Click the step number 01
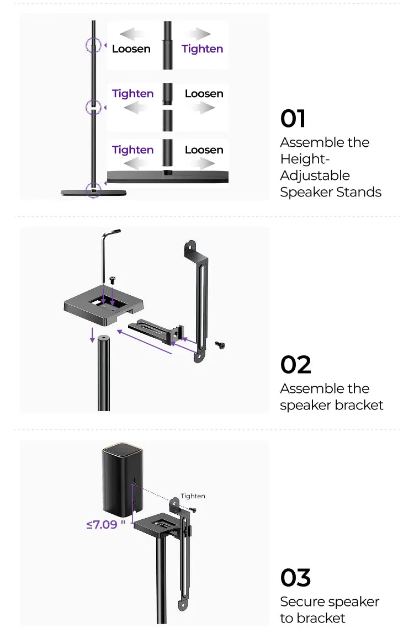click(x=293, y=118)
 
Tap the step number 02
click(x=295, y=364)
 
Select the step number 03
click(x=295, y=577)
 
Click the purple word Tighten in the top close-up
click(x=202, y=49)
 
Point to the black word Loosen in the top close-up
click(x=131, y=49)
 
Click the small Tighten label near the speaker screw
click(x=193, y=496)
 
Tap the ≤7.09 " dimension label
click(x=105, y=524)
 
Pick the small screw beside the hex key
click(x=113, y=280)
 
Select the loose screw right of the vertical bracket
click(x=220, y=345)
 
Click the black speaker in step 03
click(x=122, y=479)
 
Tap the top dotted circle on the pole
click(x=93, y=45)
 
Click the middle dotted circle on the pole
click(x=93, y=107)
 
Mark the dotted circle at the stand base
click(x=93, y=190)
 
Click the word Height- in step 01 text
click(x=305, y=159)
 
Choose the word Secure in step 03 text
click(x=300, y=601)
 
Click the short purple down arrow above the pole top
click(x=93, y=334)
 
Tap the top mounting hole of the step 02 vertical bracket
click(x=189, y=246)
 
